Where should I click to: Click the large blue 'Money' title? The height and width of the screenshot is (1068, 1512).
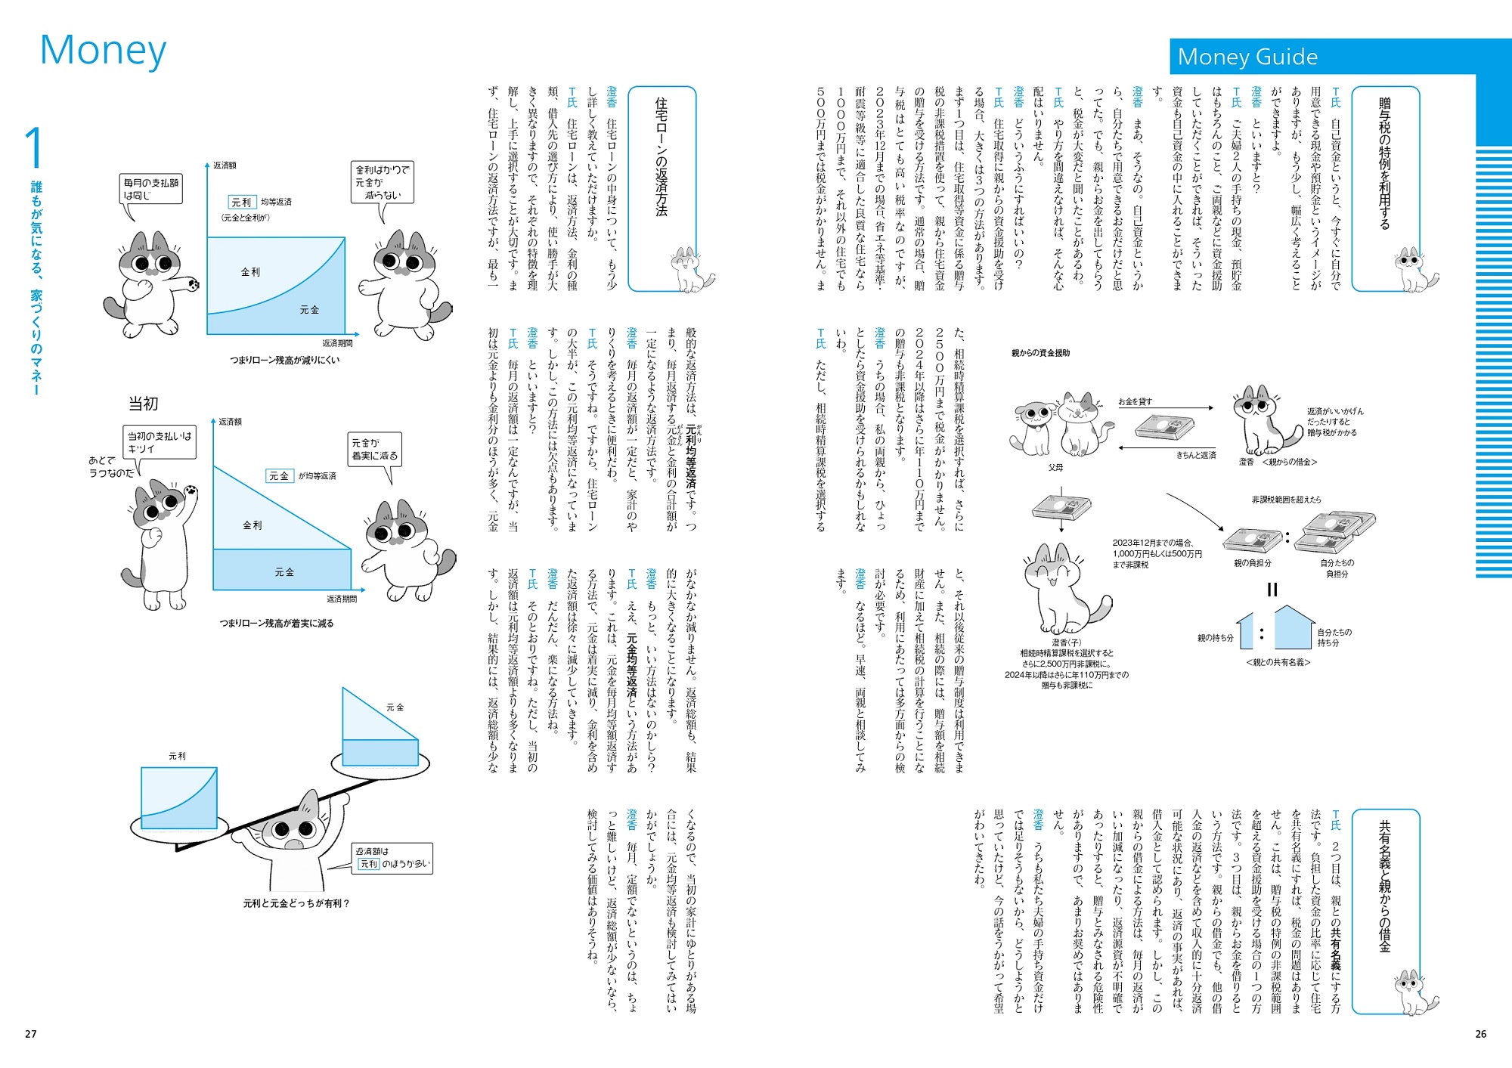103,51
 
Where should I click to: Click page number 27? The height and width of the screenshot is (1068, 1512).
31,1034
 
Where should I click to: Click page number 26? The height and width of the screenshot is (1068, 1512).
1480,1034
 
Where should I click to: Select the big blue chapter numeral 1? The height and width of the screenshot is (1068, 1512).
34,148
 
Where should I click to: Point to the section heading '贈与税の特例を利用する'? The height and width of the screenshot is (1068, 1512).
1384,163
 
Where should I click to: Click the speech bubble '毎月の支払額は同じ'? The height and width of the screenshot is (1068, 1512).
151,189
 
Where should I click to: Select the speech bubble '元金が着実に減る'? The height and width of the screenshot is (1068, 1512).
374,450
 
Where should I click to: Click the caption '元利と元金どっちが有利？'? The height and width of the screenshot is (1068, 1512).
296,903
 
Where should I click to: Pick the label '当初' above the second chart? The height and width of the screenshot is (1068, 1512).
143,404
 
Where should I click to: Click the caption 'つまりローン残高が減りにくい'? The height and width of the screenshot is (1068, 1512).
285,361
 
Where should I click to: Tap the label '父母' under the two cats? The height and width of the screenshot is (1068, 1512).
1055,468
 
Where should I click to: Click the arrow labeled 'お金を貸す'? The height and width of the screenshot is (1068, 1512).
1165,408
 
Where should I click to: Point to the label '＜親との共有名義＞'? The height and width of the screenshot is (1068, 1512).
1278,662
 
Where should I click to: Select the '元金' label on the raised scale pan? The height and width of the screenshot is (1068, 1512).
395,707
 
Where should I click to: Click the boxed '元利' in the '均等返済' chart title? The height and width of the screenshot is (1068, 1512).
241,203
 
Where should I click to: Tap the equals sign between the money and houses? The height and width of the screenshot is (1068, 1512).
1272,590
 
